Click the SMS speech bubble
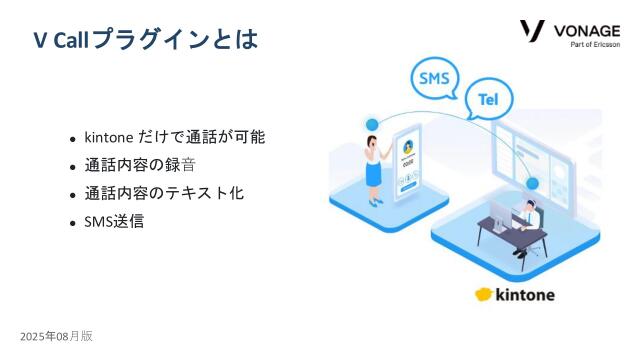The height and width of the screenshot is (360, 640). (x=434, y=79)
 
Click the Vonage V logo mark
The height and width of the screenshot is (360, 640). (x=533, y=30)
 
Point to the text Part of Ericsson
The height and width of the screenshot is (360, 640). (x=595, y=45)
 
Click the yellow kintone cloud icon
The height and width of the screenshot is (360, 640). (x=485, y=294)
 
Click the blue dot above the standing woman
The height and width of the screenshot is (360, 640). (x=373, y=123)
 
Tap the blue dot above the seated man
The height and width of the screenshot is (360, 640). (x=532, y=184)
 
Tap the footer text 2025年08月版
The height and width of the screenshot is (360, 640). (x=56, y=336)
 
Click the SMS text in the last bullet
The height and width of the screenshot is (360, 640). (x=99, y=221)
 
